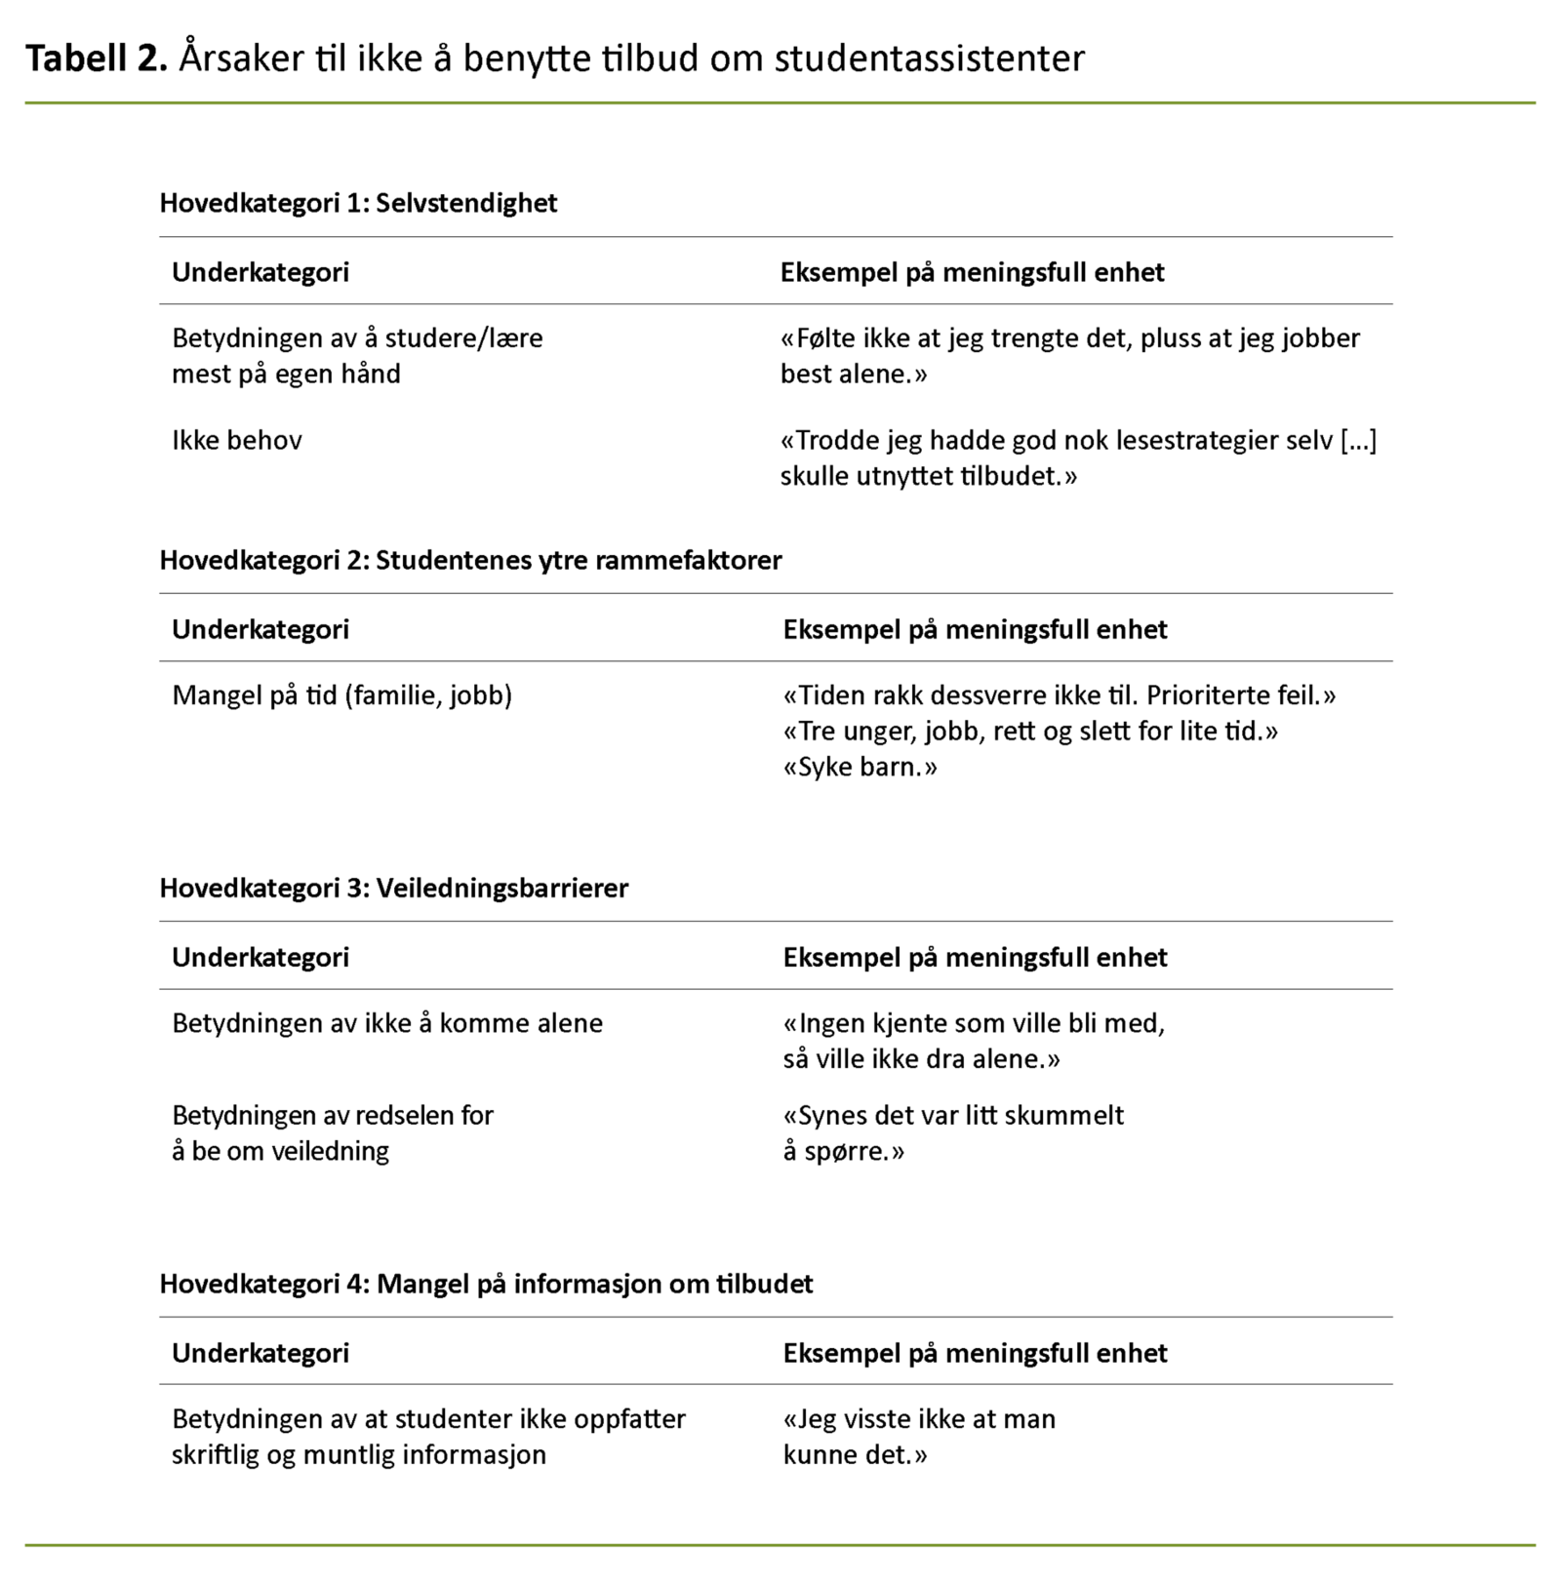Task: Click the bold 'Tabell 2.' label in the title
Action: [97, 59]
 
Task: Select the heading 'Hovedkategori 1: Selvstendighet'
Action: [358, 203]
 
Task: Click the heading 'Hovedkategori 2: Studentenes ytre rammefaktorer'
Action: [470, 560]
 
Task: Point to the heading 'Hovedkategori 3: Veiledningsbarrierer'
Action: [394, 888]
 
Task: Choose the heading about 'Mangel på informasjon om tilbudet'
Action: [486, 1284]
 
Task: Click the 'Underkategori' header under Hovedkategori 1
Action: [260, 272]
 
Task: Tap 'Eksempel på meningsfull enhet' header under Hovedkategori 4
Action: [975, 1353]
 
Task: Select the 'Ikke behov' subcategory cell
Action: [237, 440]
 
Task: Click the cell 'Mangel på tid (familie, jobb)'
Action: [341, 695]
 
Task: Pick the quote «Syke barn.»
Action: [860, 768]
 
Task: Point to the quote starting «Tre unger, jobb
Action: [1030, 732]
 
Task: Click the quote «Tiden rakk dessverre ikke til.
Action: [1059, 695]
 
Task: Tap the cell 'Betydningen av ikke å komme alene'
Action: [387, 1023]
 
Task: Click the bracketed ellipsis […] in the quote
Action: [1358, 440]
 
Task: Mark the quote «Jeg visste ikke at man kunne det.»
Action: [919, 1437]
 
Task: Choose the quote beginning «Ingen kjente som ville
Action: [974, 1041]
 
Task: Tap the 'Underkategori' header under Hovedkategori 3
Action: [260, 957]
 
